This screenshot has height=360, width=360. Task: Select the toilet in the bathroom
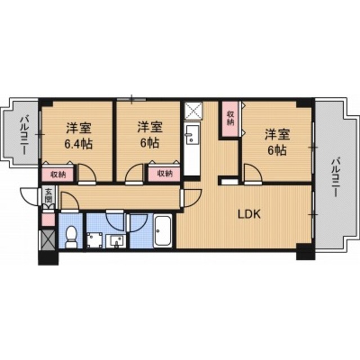(x=71, y=236)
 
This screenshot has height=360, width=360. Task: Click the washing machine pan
(x=95, y=239)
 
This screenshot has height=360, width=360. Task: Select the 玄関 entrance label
(x=49, y=195)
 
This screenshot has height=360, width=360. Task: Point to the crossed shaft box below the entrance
(x=49, y=240)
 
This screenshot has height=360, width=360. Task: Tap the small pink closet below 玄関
(x=49, y=219)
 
